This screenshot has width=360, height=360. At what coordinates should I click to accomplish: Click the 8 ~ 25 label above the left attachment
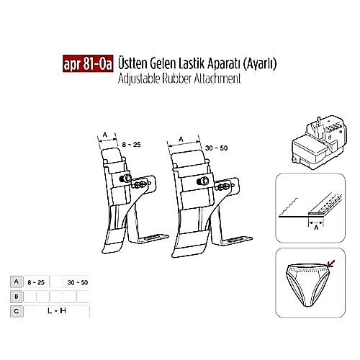(131, 145)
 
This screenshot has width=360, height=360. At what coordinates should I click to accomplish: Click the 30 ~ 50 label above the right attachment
(216, 148)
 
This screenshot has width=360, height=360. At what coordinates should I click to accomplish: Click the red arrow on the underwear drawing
(330, 266)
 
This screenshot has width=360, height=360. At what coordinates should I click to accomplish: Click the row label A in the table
(15, 282)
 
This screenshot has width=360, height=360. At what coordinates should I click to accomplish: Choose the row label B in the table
(15, 296)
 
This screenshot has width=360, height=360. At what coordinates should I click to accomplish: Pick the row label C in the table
(15, 311)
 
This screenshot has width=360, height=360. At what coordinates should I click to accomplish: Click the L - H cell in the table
(57, 311)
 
